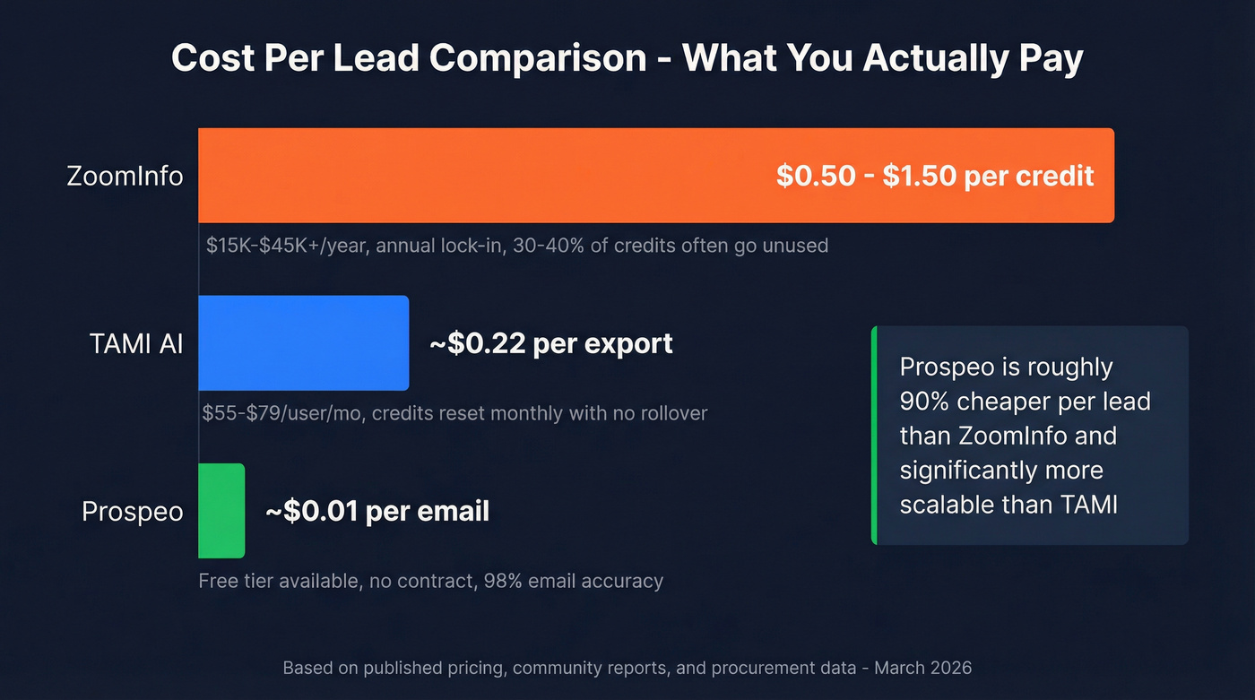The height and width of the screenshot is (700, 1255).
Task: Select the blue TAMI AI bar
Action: tap(303, 343)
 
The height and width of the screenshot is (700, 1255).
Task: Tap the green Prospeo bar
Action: tap(221, 511)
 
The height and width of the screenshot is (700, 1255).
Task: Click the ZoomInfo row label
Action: tap(125, 176)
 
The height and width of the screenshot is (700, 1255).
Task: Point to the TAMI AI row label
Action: tap(136, 343)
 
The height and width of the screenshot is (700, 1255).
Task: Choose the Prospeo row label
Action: tap(132, 512)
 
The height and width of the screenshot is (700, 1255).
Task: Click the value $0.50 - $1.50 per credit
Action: tap(934, 176)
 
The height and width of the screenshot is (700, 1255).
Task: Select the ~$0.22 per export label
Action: tap(550, 343)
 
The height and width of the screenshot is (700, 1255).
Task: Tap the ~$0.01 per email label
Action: tap(376, 512)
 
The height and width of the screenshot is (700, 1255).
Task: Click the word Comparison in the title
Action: tap(538, 58)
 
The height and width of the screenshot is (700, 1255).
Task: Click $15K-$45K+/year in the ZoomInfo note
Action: tap(287, 245)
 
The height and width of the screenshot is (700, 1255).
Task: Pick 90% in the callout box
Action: tap(923, 402)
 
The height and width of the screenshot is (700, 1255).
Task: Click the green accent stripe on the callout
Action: tap(874, 436)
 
